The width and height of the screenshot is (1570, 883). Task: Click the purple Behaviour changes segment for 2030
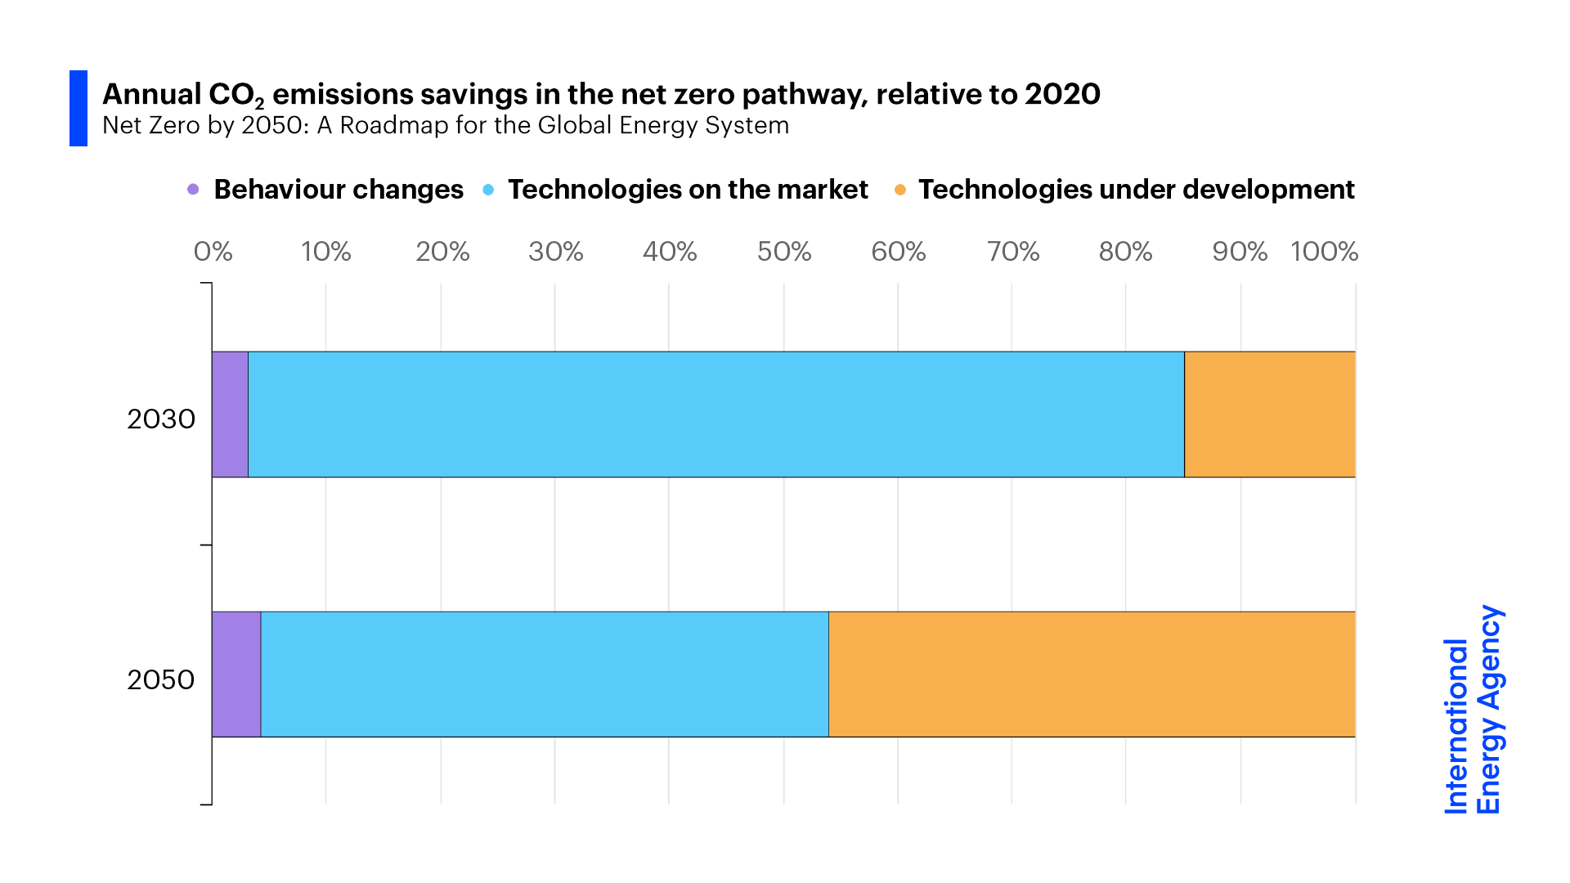(230, 415)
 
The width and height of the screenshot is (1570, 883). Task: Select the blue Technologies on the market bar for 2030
(715, 415)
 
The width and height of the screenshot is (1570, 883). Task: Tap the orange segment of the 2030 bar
(1269, 415)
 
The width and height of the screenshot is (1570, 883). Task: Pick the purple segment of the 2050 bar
(236, 675)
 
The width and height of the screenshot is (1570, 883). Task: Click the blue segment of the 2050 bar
(545, 675)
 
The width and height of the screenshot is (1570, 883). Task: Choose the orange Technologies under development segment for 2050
(1092, 675)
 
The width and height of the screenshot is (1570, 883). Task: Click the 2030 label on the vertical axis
(161, 419)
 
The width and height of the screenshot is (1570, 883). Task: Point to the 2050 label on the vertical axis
(161, 680)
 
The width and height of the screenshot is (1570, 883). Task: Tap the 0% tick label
(213, 252)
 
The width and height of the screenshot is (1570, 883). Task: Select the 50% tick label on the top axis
(783, 252)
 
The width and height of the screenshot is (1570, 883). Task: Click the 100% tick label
(1324, 252)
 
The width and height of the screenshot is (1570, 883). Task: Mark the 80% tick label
(1125, 252)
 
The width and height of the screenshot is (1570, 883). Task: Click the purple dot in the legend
(193, 190)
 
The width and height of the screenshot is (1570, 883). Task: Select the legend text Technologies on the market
(687, 190)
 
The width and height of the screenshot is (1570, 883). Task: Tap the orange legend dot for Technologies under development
(900, 190)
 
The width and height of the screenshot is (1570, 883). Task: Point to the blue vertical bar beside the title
(78, 108)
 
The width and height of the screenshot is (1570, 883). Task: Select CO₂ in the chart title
(235, 96)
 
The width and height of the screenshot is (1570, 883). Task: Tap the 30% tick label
(555, 252)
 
